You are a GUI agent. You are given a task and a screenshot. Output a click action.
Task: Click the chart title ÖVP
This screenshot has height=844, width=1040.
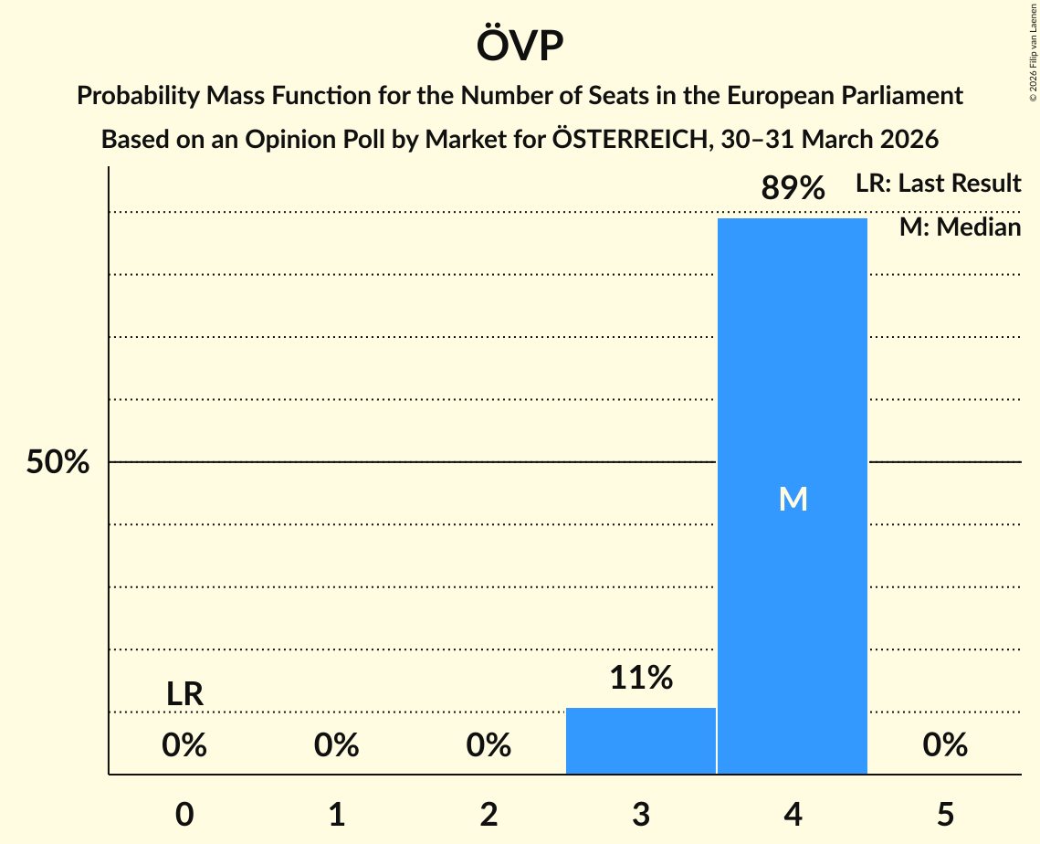click(x=520, y=46)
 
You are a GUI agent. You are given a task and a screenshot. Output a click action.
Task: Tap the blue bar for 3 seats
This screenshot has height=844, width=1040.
click(x=641, y=741)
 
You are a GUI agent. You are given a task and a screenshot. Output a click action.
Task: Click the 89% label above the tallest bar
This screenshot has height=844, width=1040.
click(x=793, y=189)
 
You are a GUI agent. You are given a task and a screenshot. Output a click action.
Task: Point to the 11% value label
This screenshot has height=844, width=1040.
click(x=641, y=678)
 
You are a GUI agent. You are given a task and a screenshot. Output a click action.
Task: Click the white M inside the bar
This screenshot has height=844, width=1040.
click(x=793, y=499)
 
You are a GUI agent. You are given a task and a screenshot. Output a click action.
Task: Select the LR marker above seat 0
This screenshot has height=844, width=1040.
click(x=184, y=694)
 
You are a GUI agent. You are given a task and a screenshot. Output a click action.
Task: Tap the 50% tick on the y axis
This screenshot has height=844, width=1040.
click(x=58, y=462)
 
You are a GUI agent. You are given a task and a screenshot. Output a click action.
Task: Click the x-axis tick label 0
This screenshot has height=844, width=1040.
click(x=184, y=814)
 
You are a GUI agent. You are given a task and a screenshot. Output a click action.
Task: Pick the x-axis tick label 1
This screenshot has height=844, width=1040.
click(x=337, y=814)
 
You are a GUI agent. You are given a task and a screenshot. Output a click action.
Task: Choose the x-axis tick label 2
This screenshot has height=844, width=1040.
click(x=488, y=814)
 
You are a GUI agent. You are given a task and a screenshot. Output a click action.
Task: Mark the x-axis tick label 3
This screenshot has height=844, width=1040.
click(x=641, y=814)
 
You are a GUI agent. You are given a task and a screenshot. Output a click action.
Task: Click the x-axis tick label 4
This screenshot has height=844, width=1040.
click(x=793, y=814)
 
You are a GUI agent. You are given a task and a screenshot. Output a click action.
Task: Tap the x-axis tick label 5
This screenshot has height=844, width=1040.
click(x=945, y=814)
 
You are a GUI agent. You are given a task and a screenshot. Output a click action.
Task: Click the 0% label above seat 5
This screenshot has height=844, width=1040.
click(x=945, y=746)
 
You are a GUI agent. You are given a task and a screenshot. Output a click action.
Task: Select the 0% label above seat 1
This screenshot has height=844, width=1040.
click(x=337, y=746)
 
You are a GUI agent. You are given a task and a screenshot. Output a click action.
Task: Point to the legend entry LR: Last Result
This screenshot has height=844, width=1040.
click(x=938, y=184)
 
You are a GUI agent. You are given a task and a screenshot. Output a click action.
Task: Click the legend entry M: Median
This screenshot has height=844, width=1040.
click(x=960, y=227)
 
